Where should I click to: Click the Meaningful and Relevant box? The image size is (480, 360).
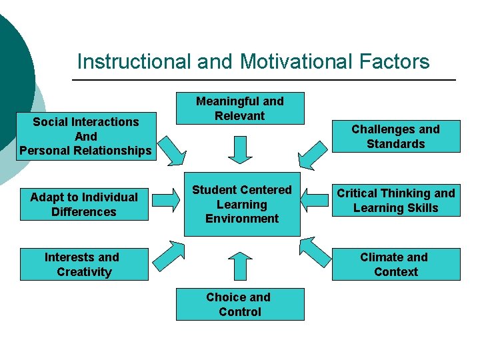click(x=240, y=108)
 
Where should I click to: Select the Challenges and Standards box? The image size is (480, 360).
click(x=395, y=137)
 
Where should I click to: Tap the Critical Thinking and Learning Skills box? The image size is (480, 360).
click(x=395, y=201)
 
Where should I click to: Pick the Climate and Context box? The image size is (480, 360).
click(x=395, y=265)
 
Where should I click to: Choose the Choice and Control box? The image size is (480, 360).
click(x=240, y=305)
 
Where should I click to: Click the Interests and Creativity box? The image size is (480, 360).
click(x=84, y=265)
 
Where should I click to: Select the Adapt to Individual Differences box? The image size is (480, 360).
click(x=84, y=205)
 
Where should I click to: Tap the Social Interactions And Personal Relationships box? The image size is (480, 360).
click(x=85, y=136)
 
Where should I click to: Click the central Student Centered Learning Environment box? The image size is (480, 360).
click(x=242, y=205)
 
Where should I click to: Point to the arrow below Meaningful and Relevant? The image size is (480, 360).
click(x=240, y=149)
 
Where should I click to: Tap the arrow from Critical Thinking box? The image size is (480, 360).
click(x=315, y=198)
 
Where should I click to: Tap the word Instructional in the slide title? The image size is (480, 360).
click(x=134, y=62)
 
